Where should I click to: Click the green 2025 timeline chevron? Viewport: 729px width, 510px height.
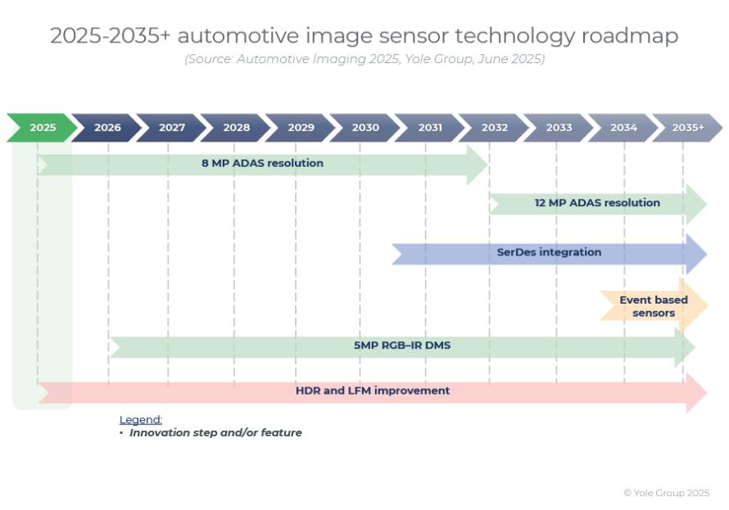click(42, 127)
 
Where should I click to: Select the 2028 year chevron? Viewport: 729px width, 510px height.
click(236, 127)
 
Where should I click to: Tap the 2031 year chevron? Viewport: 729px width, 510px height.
click(429, 127)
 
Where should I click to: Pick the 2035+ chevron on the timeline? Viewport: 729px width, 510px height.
click(688, 127)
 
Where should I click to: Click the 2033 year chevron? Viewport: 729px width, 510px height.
click(559, 127)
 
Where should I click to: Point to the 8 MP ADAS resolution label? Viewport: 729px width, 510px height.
click(262, 163)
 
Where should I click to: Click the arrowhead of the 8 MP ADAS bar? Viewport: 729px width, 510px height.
click(478, 165)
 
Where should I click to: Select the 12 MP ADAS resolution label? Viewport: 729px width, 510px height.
click(597, 202)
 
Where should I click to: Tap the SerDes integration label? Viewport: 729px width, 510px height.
click(549, 252)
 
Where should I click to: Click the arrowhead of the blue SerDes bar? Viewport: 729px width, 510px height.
click(696, 254)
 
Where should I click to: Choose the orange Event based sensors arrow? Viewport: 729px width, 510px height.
click(654, 305)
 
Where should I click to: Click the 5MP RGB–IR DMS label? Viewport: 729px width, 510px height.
click(402, 345)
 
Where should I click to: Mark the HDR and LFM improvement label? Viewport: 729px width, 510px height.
click(373, 390)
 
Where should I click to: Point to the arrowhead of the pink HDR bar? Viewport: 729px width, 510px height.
click(696, 392)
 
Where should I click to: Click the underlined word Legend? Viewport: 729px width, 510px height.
click(140, 420)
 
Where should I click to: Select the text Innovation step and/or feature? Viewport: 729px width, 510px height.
click(215, 433)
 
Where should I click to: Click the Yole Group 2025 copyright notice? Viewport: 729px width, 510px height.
click(666, 493)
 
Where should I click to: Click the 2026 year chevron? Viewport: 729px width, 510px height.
click(106, 127)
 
